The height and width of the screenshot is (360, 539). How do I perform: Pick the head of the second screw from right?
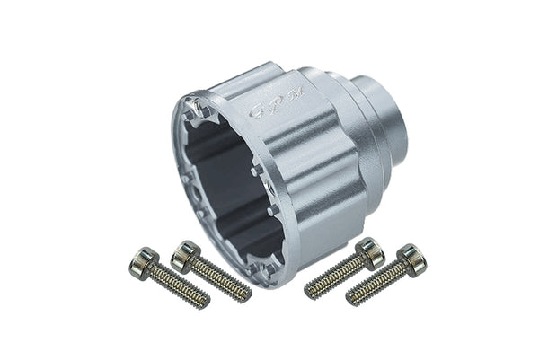tap(370, 251)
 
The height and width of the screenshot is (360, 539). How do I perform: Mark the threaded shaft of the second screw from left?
tap(221, 280)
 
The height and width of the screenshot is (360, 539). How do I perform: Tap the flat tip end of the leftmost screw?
tap(204, 302)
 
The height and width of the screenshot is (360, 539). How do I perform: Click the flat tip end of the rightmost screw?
tap(352, 298)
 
